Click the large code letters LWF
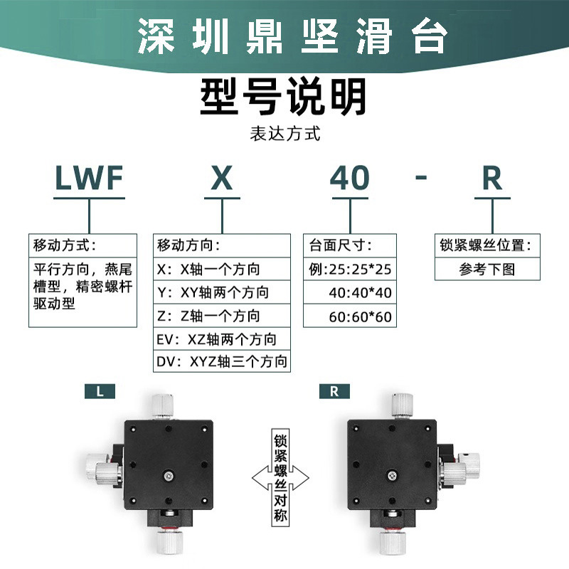(x=90, y=179)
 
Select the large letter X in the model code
(x=222, y=179)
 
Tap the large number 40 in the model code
(x=350, y=179)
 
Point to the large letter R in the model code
(x=492, y=179)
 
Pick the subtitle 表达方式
(x=284, y=133)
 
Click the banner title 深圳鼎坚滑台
(x=284, y=36)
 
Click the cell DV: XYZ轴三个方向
(x=221, y=362)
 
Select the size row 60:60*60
(x=360, y=316)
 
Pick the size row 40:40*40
(x=360, y=292)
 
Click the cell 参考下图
(x=486, y=270)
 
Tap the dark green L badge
(x=100, y=390)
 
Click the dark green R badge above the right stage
(x=334, y=390)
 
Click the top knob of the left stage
(x=162, y=403)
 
